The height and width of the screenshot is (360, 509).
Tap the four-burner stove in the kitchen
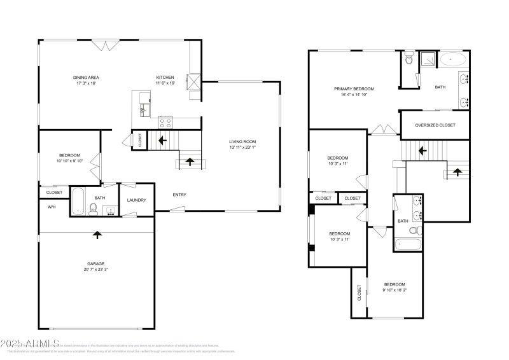(x=165, y=122)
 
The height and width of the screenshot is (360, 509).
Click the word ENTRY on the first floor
(x=179, y=195)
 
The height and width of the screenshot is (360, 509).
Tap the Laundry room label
(x=137, y=200)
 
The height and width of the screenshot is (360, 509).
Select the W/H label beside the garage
(x=52, y=207)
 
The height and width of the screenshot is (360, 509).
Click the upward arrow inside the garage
(x=97, y=235)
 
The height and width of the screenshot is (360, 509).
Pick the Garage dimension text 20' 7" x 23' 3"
(x=96, y=270)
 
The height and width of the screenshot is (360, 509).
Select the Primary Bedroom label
(x=354, y=89)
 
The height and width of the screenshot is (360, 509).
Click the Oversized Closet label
(x=435, y=125)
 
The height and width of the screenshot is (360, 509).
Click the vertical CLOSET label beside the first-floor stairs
(x=140, y=141)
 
